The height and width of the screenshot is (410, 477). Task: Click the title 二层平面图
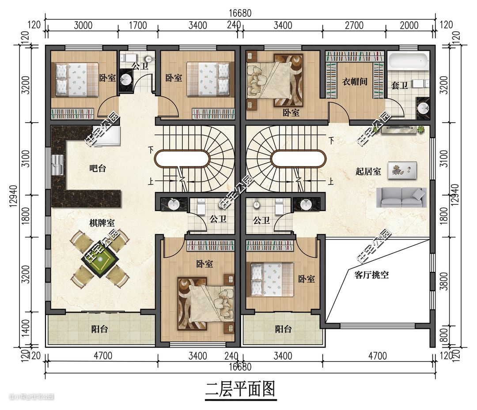click(240, 389)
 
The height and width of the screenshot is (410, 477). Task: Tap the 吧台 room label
click(98, 168)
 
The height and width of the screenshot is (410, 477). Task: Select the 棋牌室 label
click(102, 223)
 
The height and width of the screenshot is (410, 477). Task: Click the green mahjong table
click(100, 259)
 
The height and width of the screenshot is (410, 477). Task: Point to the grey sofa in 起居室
click(401, 197)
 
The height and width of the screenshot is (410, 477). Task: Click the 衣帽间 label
click(354, 82)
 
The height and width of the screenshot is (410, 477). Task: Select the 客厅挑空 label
click(371, 275)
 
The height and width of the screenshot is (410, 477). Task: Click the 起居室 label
click(368, 171)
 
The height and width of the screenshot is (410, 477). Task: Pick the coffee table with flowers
click(402, 170)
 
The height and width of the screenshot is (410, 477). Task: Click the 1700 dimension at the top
click(138, 25)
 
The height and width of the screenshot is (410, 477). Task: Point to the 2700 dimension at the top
click(354, 25)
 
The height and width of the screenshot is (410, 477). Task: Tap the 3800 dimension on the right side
click(444, 281)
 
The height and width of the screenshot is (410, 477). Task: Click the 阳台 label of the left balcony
click(99, 329)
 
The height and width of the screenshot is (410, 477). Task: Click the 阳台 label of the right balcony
click(283, 329)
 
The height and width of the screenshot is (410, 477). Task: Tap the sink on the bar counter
click(57, 165)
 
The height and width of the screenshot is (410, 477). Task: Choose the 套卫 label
click(399, 86)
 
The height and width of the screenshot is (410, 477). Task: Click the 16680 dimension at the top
click(240, 13)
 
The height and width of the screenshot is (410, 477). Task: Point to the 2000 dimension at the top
click(409, 25)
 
